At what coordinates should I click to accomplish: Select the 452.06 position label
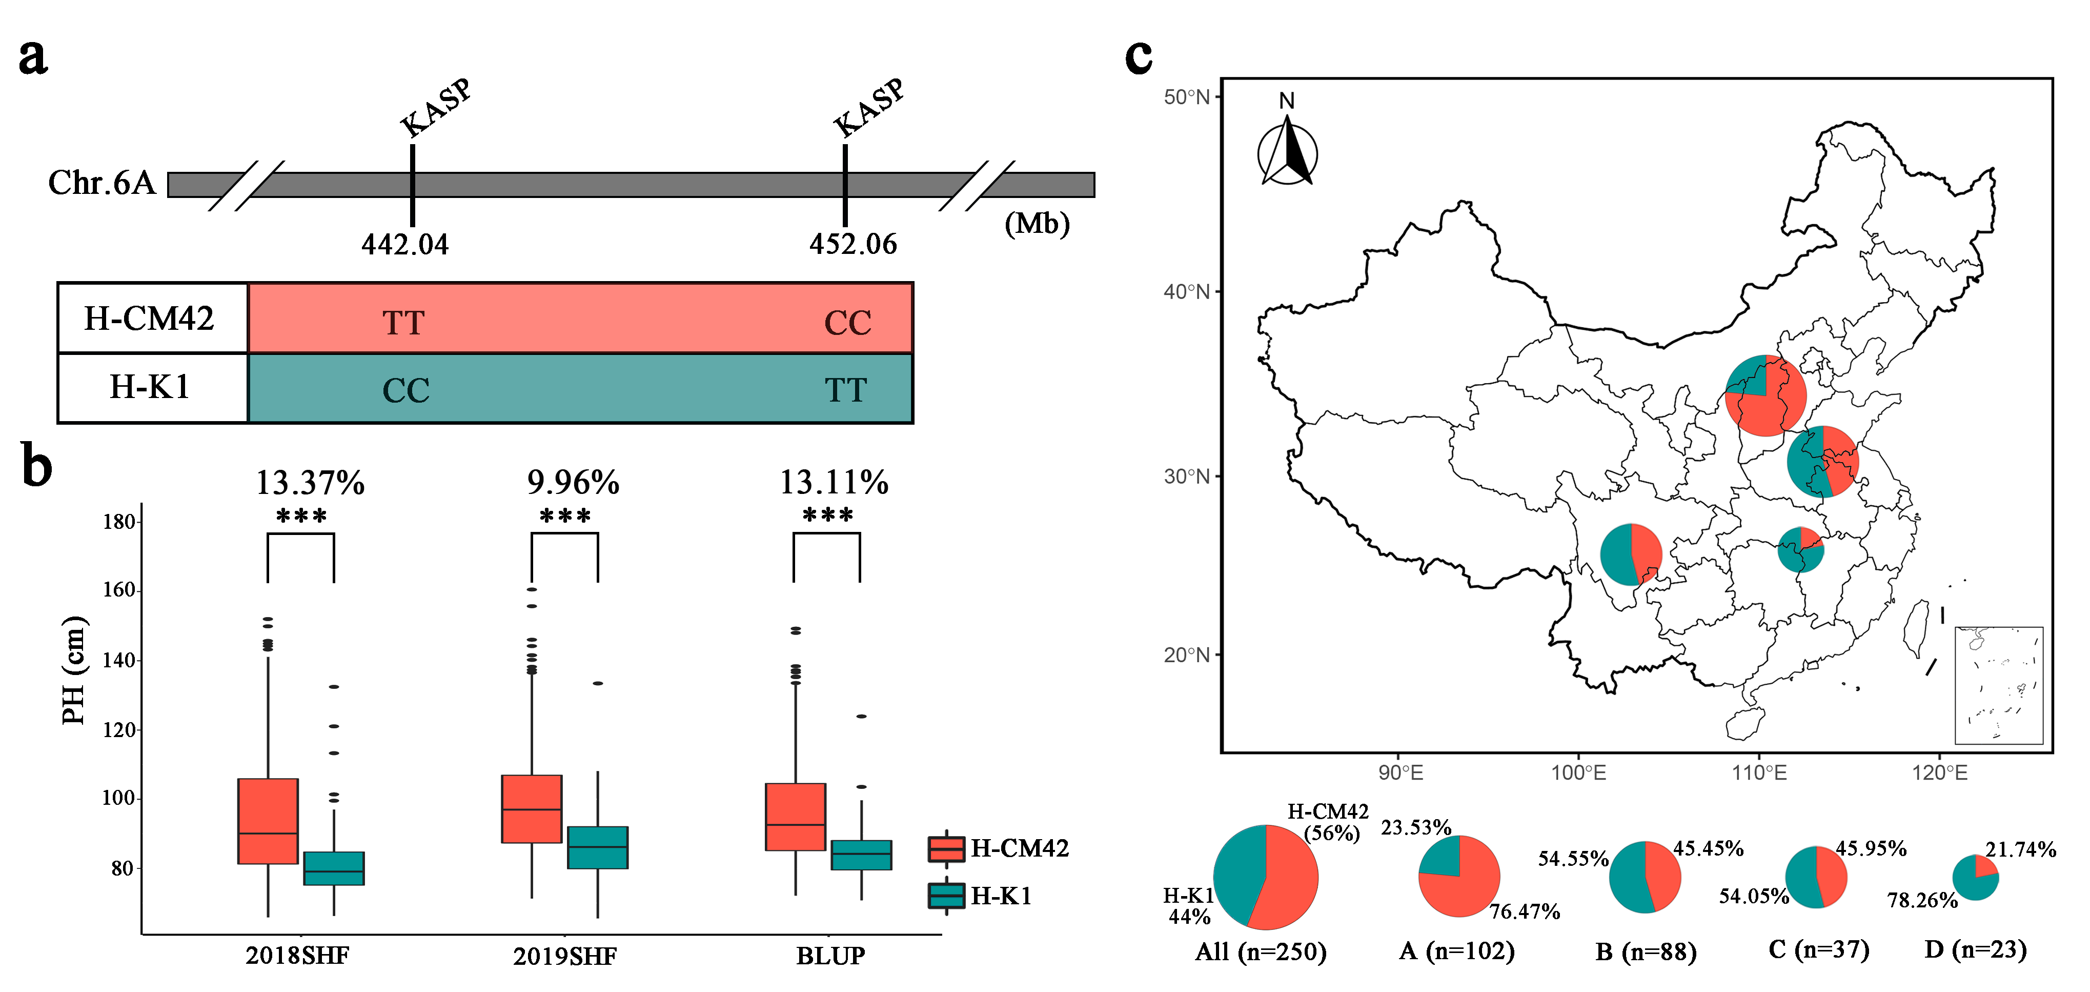click(853, 244)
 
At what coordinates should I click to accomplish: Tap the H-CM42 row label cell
click(151, 318)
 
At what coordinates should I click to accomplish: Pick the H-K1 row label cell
click(151, 387)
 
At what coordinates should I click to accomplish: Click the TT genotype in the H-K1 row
click(846, 390)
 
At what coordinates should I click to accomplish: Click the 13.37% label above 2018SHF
click(310, 483)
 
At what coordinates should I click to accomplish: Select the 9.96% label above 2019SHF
click(573, 483)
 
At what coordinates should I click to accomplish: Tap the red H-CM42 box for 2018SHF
click(268, 821)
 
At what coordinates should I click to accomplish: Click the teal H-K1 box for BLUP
click(861, 855)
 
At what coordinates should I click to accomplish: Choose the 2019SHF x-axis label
click(565, 956)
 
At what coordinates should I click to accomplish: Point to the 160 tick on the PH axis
click(118, 590)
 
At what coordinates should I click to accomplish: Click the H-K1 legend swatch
click(946, 896)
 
